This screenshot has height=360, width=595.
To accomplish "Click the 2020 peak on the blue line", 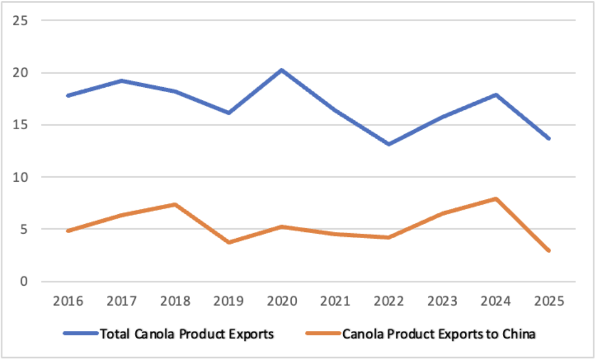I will point(282,70).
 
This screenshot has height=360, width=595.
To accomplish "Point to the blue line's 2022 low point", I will point(388,144).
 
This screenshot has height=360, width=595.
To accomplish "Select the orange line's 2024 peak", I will point(495,199).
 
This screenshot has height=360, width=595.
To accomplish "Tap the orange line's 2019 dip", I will point(229,242).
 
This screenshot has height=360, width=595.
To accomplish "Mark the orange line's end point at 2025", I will point(549,251).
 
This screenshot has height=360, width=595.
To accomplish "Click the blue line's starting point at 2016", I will point(68,95).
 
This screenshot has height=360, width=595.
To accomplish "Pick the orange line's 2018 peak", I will point(175,204).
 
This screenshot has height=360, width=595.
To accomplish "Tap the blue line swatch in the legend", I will point(81,334).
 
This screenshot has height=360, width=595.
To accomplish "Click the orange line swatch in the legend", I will point(322,334).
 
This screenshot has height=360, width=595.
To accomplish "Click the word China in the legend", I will point(518,334).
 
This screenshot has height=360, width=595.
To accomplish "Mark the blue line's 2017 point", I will point(122,80).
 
